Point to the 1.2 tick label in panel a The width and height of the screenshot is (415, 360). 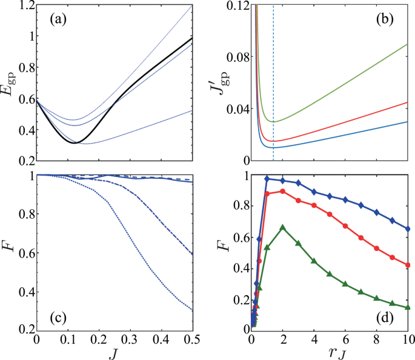(25, 5)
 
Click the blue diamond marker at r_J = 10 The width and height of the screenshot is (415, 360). (407, 228)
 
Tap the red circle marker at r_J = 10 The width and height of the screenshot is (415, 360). (407, 265)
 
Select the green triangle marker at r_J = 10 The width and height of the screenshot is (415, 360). (407, 307)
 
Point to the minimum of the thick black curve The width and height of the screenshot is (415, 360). (75, 142)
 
